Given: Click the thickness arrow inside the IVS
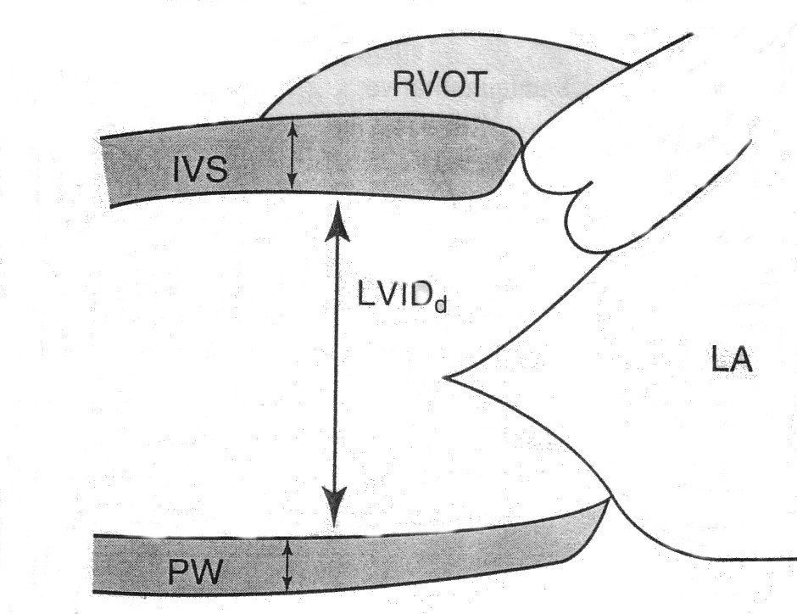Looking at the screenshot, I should pyautogui.click(x=292, y=154).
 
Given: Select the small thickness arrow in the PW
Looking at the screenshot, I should pyautogui.click(x=287, y=566).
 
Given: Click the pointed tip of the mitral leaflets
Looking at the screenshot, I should pyautogui.click(x=448, y=377).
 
